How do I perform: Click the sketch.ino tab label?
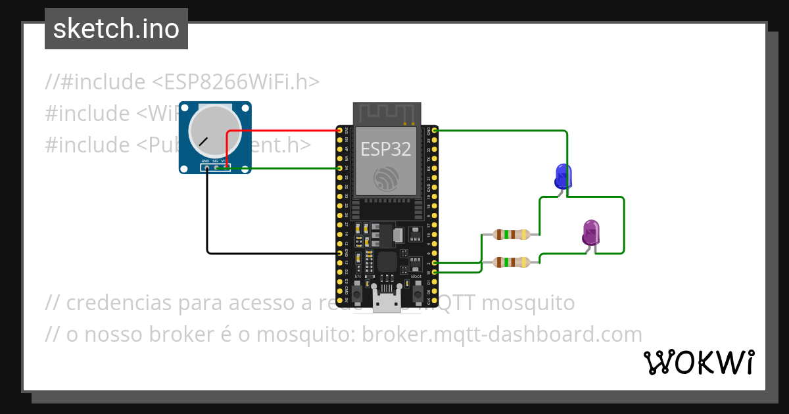click(116, 29)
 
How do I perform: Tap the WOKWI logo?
click(698, 363)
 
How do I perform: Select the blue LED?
click(563, 175)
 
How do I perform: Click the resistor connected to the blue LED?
click(512, 234)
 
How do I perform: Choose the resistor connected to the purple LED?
click(512, 262)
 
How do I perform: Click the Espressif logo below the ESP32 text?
click(386, 178)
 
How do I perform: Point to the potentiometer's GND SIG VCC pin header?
click(215, 168)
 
